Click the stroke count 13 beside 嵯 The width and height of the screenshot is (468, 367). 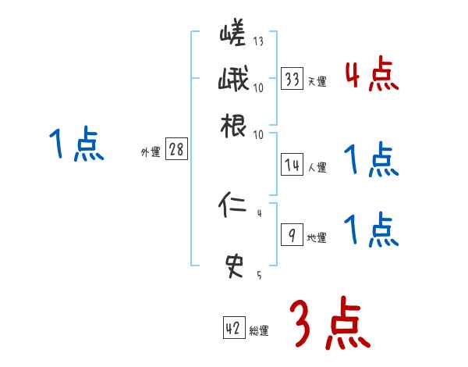tap(259, 42)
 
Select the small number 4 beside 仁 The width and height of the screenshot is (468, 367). tap(259, 213)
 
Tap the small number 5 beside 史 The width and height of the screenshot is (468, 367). tap(259, 275)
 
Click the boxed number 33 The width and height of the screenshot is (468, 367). tap(292, 80)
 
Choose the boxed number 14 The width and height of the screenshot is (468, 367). tap(292, 165)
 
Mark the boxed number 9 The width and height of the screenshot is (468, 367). tap(291, 236)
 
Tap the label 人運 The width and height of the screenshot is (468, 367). tap(317, 167)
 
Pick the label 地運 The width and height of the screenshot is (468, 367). tap(317, 238)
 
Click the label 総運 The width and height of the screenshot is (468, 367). tap(259, 331)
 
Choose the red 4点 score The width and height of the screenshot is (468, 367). tap(371, 75)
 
